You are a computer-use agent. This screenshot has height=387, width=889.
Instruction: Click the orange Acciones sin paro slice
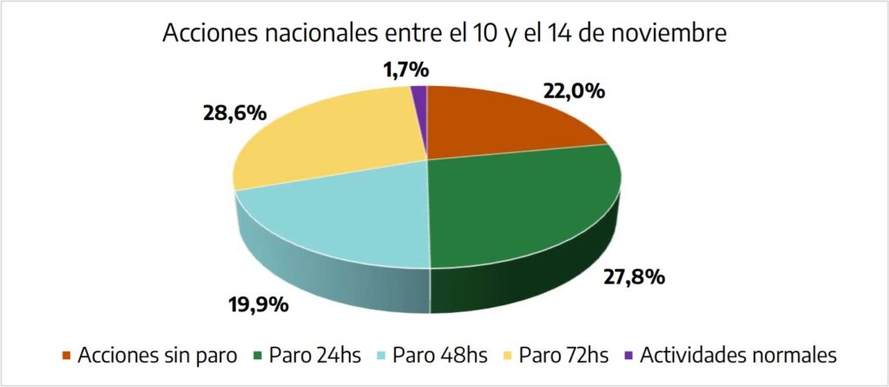504,122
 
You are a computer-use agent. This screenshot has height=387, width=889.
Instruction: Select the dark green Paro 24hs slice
521,209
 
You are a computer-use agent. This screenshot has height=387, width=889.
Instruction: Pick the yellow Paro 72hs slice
330,139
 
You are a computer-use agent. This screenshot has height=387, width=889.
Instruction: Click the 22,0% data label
574,90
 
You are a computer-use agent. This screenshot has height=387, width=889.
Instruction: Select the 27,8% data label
634,277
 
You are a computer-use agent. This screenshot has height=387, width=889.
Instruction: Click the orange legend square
67,357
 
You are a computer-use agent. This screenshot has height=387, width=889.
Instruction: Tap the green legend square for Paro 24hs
258,357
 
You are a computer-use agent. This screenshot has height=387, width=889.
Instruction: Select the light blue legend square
382,357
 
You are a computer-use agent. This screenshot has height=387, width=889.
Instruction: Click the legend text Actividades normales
737,356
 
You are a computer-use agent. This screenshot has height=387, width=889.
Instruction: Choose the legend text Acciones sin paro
156,356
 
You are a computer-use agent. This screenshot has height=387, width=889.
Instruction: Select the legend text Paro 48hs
440,356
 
